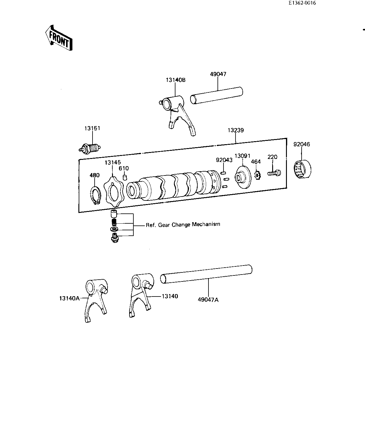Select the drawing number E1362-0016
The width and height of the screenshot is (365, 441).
(x=302, y=3)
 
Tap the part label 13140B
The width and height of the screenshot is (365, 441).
(x=176, y=80)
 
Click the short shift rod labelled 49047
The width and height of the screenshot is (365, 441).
(x=216, y=95)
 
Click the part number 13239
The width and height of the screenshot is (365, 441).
(x=236, y=130)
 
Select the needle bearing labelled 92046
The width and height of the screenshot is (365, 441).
(x=303, y=169)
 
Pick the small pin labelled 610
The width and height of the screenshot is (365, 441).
(x=125, y=177)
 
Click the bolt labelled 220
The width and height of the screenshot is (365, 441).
(x=274, y=173)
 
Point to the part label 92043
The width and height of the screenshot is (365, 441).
(x=224, y=160)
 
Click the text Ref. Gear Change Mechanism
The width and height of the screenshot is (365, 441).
(x=183, y=225)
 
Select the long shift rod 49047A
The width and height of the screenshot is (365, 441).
(x=206, y=274)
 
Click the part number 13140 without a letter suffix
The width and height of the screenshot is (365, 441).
(x=170, y=296)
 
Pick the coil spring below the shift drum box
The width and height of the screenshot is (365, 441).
(x=114, y=222)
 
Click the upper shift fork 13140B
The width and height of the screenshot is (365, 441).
(x=177, y=114)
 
